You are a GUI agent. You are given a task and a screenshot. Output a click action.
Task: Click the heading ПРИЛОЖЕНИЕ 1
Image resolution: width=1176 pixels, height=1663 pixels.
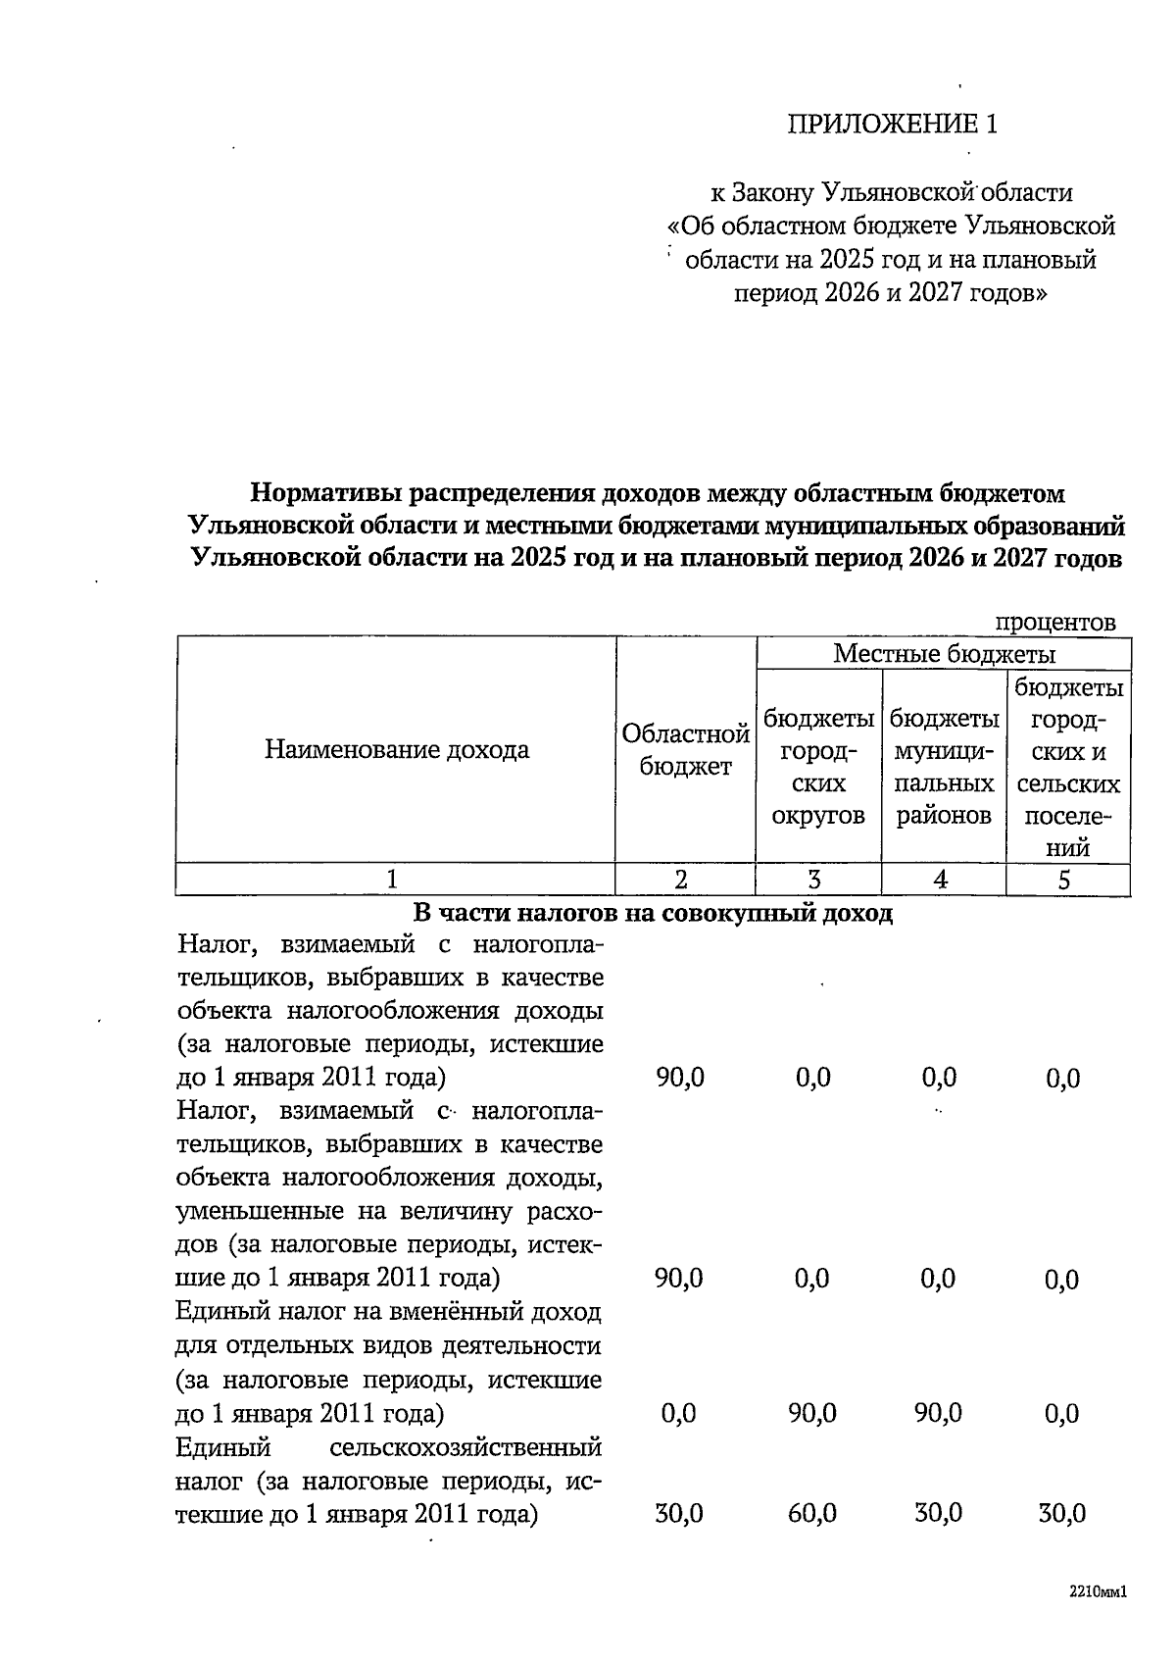892,124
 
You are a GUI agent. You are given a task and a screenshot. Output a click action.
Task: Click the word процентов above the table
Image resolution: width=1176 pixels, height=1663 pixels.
1054,622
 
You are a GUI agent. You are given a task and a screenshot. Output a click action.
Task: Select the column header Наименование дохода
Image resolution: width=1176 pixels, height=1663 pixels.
396,750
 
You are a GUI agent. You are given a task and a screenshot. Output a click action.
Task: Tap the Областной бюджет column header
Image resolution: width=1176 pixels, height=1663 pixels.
685,750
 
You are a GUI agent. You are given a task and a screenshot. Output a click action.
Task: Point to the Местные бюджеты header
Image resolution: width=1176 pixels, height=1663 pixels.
944,653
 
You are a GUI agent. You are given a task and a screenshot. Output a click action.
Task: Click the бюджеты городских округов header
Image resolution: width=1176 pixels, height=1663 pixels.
818,767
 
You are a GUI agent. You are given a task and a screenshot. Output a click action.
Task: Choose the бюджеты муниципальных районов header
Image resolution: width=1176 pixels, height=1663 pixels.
944,767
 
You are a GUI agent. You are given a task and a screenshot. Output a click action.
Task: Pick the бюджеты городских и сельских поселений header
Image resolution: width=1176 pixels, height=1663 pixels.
1068,767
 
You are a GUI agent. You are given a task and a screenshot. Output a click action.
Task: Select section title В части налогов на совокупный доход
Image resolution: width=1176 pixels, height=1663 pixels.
653,914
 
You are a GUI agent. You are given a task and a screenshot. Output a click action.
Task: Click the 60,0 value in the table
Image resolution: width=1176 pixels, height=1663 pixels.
811,1513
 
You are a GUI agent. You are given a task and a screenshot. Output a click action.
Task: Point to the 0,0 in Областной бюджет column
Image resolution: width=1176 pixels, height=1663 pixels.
678,1413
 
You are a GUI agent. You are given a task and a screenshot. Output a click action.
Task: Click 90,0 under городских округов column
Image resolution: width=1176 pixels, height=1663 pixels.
811,1413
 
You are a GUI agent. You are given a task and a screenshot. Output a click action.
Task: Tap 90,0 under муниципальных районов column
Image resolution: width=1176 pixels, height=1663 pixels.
938,1413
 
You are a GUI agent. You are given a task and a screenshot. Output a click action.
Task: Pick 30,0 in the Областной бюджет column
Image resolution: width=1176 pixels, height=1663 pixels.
678,1513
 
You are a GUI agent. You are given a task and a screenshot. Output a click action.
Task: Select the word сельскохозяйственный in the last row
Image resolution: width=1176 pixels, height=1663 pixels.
465,1447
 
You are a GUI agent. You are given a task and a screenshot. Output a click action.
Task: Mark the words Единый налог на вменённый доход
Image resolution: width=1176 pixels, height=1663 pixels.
387,1312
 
